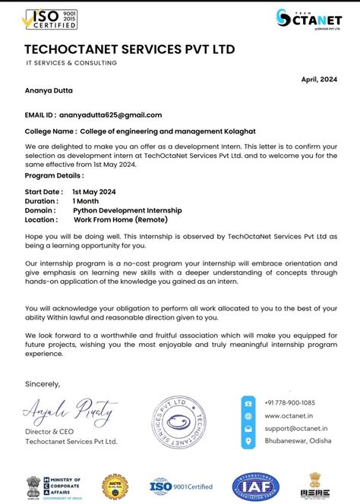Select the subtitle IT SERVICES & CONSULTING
click(x=71, y=63)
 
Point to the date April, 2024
click(x=318, y=78)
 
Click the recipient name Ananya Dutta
click(x=51, y=90)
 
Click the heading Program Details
click(x=55, y=175)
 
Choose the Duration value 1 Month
click(x=91, y=200)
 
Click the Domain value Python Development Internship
click(x=128, y=209)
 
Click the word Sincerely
click(x=43, y=382)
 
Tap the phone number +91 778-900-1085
click(x=289, y=402)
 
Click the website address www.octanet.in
click(x=286, y=416)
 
